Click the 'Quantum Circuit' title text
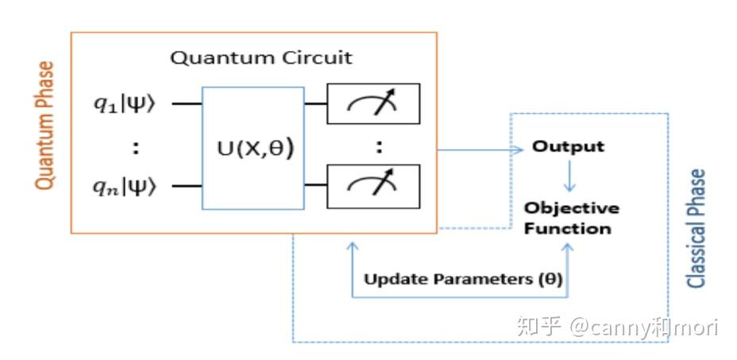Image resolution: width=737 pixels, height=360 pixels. point(262,58)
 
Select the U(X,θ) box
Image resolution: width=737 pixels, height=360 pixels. point(253,148)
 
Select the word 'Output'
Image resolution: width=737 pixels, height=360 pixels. point(568,147)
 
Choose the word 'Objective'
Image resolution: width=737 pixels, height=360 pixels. point(571,208)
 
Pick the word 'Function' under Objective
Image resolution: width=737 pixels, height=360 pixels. point(568,229)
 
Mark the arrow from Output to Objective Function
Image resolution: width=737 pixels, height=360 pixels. point(568,175)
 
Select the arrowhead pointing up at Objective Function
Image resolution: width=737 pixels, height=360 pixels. point(568,249)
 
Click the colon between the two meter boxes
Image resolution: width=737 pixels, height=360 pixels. point(379,145)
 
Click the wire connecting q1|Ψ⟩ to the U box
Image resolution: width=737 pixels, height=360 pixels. point(187,103)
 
